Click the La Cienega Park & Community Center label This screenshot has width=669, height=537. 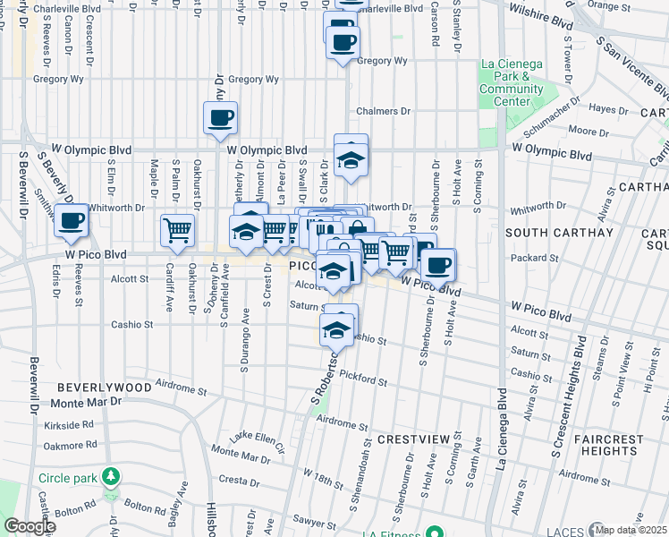click(512, 82)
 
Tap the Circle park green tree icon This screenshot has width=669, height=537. click(111, 475)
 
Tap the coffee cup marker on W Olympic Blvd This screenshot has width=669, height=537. click(220, 116)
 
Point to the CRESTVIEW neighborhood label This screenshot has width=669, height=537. click(412, 441)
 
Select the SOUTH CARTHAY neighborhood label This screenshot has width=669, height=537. click(559, 233)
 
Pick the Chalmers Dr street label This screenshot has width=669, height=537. click(382, 112)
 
